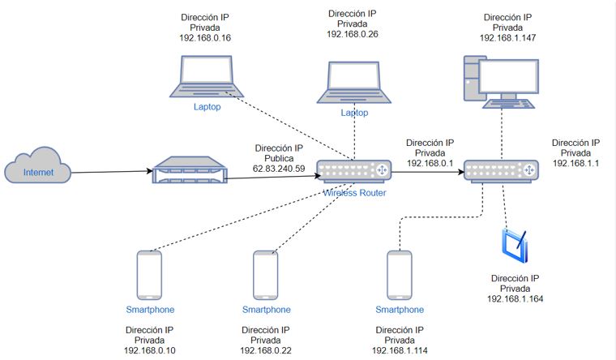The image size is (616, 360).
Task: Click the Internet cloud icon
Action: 38,165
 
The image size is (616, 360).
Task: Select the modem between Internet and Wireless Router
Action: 190,169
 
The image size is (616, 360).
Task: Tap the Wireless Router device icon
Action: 354,171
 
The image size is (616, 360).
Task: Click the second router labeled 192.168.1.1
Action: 501,171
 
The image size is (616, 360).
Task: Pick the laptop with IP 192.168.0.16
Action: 207,76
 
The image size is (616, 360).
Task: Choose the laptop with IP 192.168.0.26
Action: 354,83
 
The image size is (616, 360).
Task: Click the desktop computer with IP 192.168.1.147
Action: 501,82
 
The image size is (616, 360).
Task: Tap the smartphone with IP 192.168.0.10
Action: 149,275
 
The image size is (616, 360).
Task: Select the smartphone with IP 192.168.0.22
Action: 266,275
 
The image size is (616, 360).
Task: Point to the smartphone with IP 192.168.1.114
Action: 400,275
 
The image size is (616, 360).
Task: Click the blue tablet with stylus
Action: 515,246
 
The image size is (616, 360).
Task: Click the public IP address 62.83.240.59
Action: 279,169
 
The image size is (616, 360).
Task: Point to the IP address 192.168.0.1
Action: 430,163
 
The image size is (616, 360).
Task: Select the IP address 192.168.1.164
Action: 515,298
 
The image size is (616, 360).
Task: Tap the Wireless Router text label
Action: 354,193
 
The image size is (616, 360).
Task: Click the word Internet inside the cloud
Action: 38,172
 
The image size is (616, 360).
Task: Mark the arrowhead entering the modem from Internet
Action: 150,171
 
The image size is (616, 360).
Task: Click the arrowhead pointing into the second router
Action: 461,172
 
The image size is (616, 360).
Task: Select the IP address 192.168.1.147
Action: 507,38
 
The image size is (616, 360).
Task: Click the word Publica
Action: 279,158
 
